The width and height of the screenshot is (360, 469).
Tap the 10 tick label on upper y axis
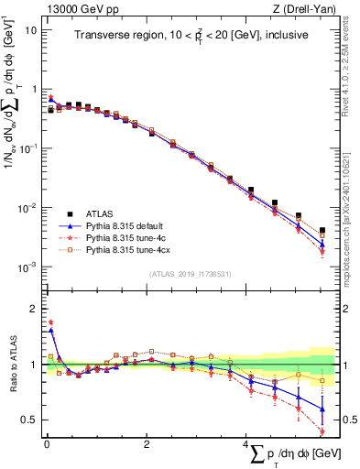coord(30,29)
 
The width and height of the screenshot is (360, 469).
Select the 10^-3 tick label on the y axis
coord(27,267)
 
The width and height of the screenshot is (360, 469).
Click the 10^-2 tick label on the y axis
coord(27,207)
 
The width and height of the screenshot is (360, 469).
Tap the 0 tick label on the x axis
coord(46,444)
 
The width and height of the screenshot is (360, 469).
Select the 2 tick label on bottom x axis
coord(147,444)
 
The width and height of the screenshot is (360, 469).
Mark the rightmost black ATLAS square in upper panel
coord(322,231)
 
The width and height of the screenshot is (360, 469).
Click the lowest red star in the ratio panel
coord(322,431)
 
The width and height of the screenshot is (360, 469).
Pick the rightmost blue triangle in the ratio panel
coord(322,409)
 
